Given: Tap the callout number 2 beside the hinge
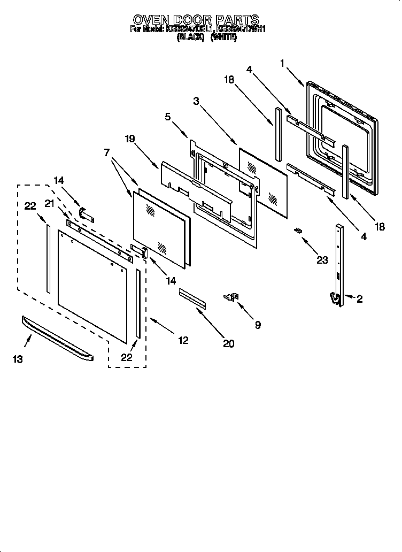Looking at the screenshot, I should pos(359,300).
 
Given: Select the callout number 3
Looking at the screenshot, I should pos(196,101).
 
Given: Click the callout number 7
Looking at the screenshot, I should pos(106,152).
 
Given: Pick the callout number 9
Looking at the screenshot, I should pos(258,325).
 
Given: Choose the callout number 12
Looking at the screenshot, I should pos(183,340).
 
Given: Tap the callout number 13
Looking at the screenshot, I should pos(18,359).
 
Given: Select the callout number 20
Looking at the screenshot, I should pos(228,344).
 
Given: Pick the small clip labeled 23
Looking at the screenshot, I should pos(298,230).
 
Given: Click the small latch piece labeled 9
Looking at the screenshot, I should pos(232,297).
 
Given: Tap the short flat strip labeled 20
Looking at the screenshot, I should pos(192,298).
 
